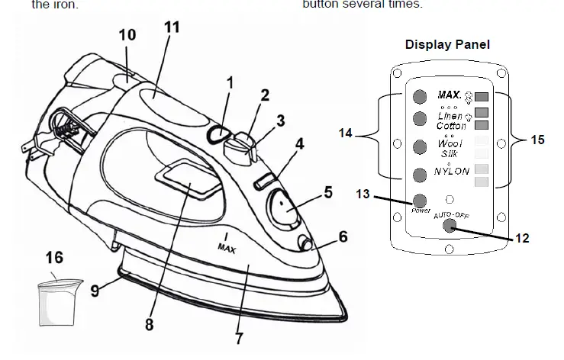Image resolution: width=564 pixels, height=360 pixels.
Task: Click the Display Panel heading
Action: tap(447, 44)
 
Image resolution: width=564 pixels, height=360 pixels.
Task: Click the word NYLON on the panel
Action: tap(452, 172)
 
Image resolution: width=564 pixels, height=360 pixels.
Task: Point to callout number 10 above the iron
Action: tap(127, 35)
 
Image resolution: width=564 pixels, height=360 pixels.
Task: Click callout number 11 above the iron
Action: tap(172, 27)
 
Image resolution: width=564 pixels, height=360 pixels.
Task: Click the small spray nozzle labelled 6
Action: tap(306, 243)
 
